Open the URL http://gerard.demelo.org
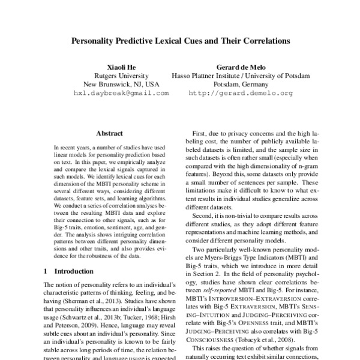click(241, 94)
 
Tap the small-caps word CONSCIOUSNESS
click(217, 338)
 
